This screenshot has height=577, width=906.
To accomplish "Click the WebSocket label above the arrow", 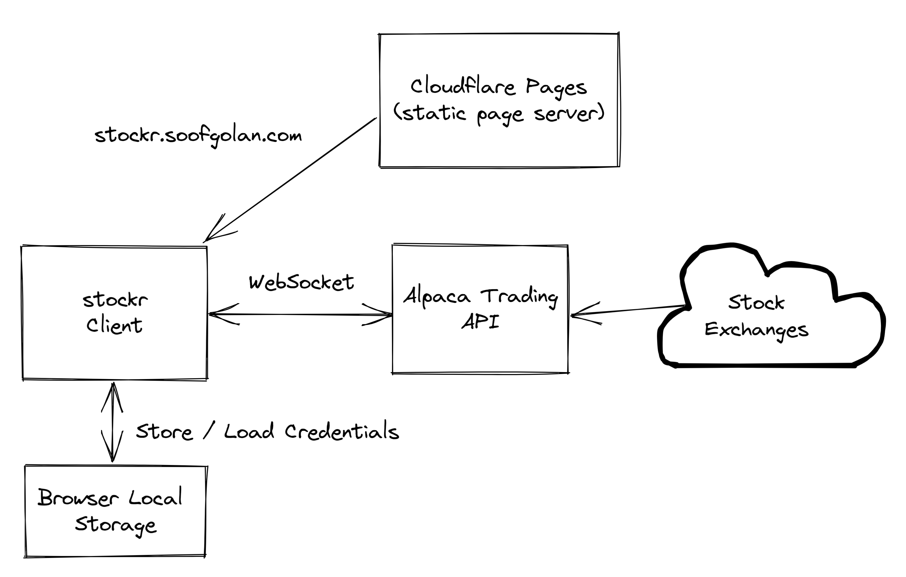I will point(301,282).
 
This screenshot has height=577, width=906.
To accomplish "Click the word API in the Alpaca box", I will point(481,322).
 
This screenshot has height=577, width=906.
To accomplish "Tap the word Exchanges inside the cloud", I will point(756,330).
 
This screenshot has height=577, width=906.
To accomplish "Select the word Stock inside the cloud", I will point(756,302).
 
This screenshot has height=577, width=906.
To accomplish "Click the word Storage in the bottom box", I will point(116,525).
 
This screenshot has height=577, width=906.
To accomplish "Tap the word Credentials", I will point(342,432).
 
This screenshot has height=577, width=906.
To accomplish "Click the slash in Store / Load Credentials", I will point(209,431).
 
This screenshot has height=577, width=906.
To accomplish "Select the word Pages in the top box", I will point(556,87).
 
